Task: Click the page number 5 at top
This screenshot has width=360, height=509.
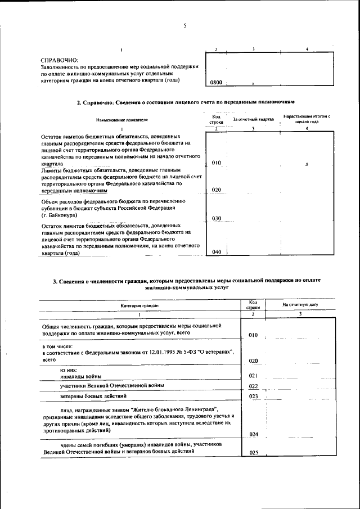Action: [184, 25]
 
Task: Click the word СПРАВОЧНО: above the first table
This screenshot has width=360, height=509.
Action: [60, 60]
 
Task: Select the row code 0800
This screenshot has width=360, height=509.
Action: [216, 83]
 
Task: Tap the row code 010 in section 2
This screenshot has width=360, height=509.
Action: [216, 163]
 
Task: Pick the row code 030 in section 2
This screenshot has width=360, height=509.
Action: [216, 218]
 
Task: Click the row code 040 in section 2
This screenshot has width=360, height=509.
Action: [216, 252]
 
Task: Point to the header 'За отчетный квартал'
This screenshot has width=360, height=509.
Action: [253, 119]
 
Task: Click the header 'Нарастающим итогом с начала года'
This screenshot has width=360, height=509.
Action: [307, 119]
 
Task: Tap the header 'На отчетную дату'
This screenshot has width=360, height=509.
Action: [300, 304]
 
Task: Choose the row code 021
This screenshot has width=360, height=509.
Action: [253, 376]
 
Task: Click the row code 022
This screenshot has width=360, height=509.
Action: [253, 386]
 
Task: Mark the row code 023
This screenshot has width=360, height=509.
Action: [253, 397]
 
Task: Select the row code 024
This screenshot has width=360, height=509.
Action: [253, 434]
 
